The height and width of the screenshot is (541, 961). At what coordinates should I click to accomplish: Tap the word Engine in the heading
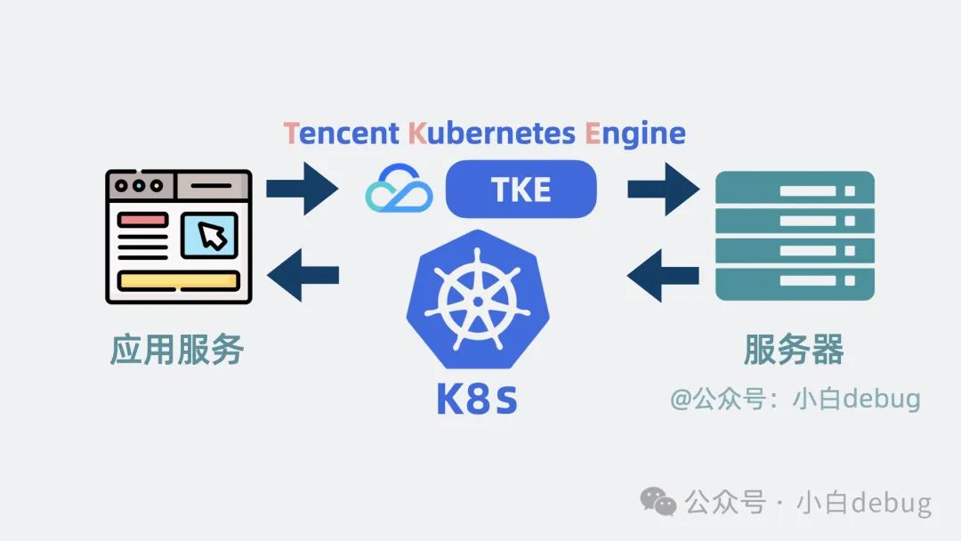click(x=635, y=133)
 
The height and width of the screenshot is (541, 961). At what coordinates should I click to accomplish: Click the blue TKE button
click(x=521, y=189)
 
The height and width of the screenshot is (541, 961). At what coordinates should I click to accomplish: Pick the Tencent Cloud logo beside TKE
click(x=399, y=190)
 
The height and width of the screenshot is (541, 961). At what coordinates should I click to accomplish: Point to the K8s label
click(x=477, y=400)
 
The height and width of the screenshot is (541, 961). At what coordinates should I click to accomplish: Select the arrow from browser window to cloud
click(x=303, y=189)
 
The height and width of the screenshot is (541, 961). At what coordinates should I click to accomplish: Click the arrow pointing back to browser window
click(x=303, y=275)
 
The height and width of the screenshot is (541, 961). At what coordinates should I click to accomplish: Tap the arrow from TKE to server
click(x=664, y=189)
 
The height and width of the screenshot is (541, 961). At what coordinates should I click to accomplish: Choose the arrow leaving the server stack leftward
click(x=664, y=275)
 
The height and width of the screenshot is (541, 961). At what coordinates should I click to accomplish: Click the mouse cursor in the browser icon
click(x=210, y=236)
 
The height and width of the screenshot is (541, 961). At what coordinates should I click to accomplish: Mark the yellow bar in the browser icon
click(x=179, y=281)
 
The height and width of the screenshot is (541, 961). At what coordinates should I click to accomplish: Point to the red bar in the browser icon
click(x=143, y=219)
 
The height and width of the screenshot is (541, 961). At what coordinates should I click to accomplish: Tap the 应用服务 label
click(x=177, y=350)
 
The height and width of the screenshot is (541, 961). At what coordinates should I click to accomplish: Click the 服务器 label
click(x=794, y=350)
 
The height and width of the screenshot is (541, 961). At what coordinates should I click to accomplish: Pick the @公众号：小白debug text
click(x=795, y=398)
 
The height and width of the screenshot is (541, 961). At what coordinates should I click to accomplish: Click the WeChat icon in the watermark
click(x=659, y=502)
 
